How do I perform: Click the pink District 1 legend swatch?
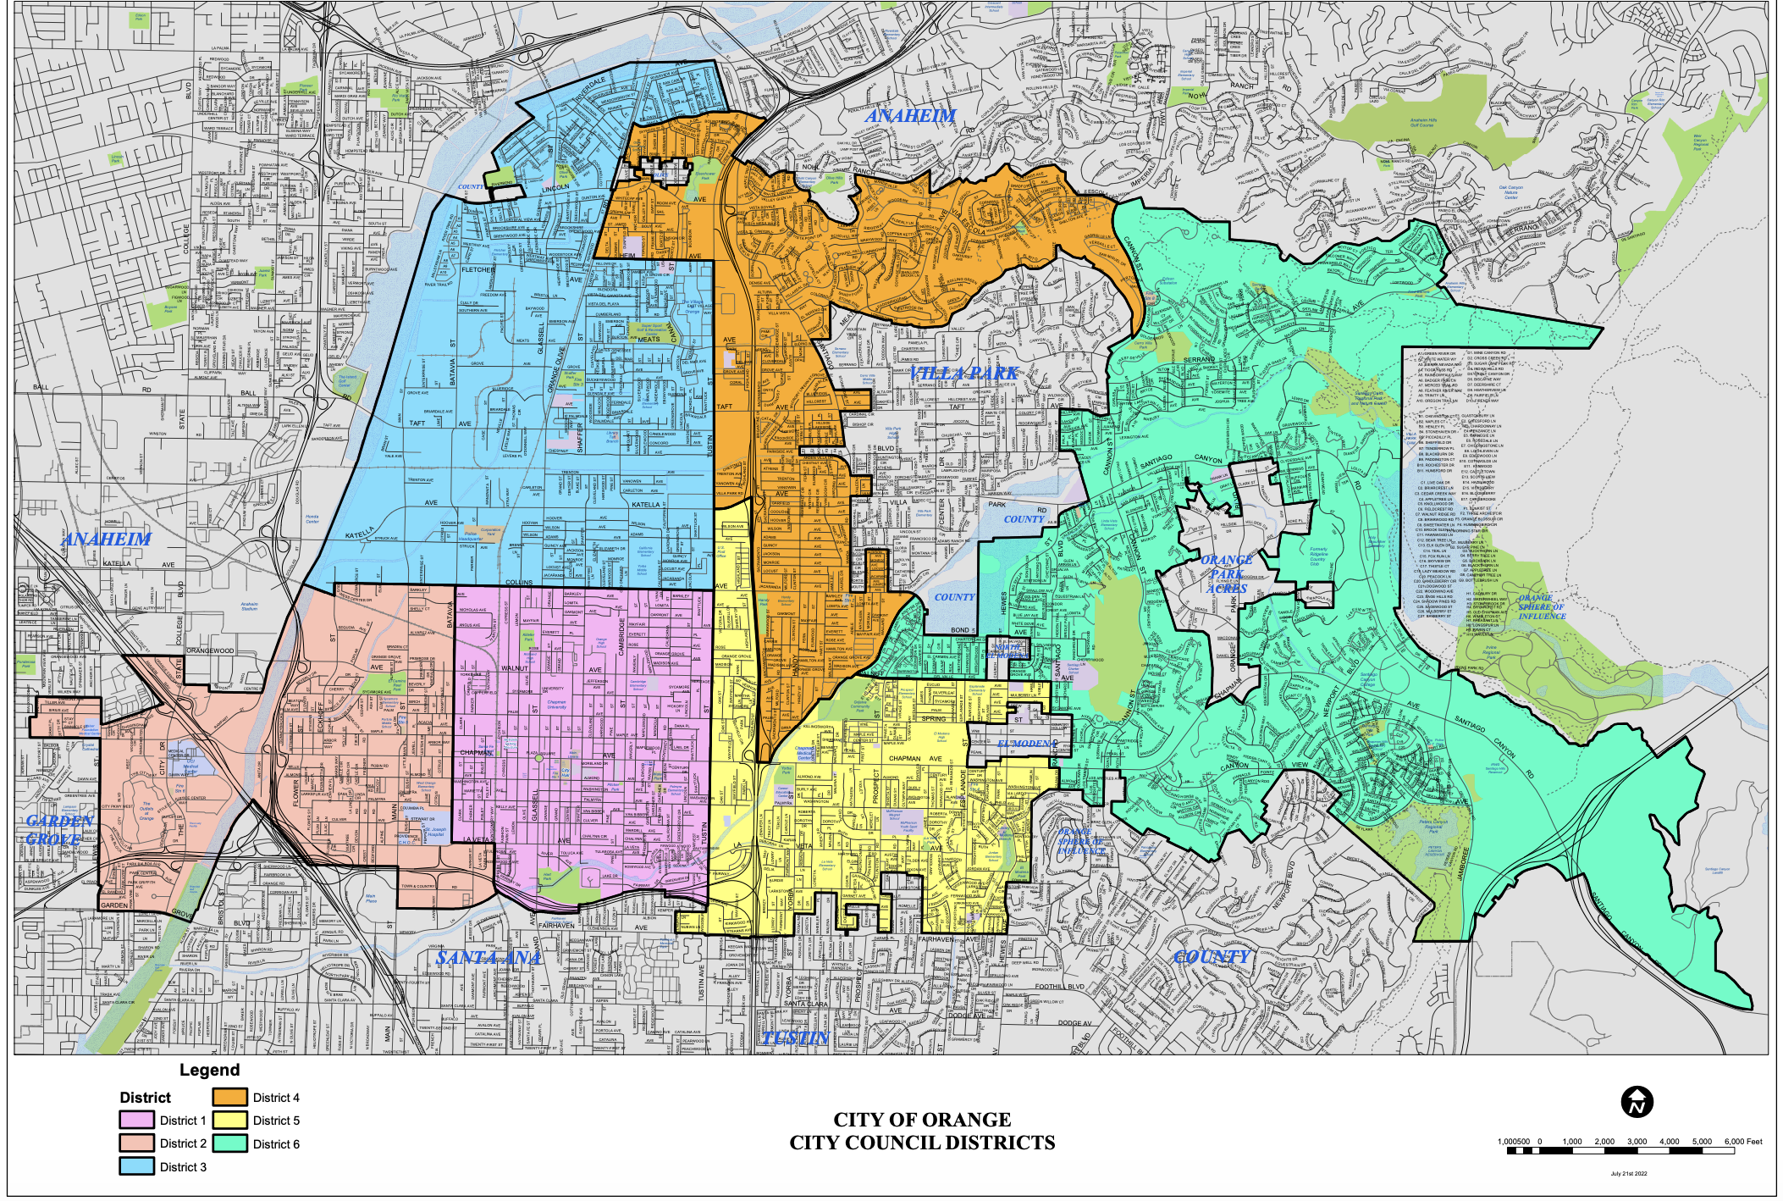pos(136,1120)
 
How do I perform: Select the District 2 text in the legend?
pos(183,1143)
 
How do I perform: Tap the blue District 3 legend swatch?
pos(136,1166)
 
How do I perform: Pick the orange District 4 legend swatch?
pos(229,1097)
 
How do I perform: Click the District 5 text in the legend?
pos(276,1121)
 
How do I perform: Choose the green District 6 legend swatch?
pos(229,1143)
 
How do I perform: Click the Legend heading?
pos(209,1070)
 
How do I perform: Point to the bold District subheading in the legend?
pos(145,1098)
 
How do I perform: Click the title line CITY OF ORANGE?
pos(922,1120)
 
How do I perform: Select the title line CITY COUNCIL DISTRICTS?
pos(922,1143)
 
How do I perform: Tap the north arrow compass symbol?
pos(1637,1102)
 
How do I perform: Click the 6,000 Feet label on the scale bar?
pos(1743,1141)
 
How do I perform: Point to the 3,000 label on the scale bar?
pos(1637,1141)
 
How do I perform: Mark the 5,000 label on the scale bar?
pos(1702,1141)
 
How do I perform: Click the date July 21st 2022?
pos(1628,1174)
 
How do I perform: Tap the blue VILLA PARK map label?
pos(963,373)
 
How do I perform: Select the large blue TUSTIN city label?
pos(794,1038)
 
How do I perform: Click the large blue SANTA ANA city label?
pos(488,958)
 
